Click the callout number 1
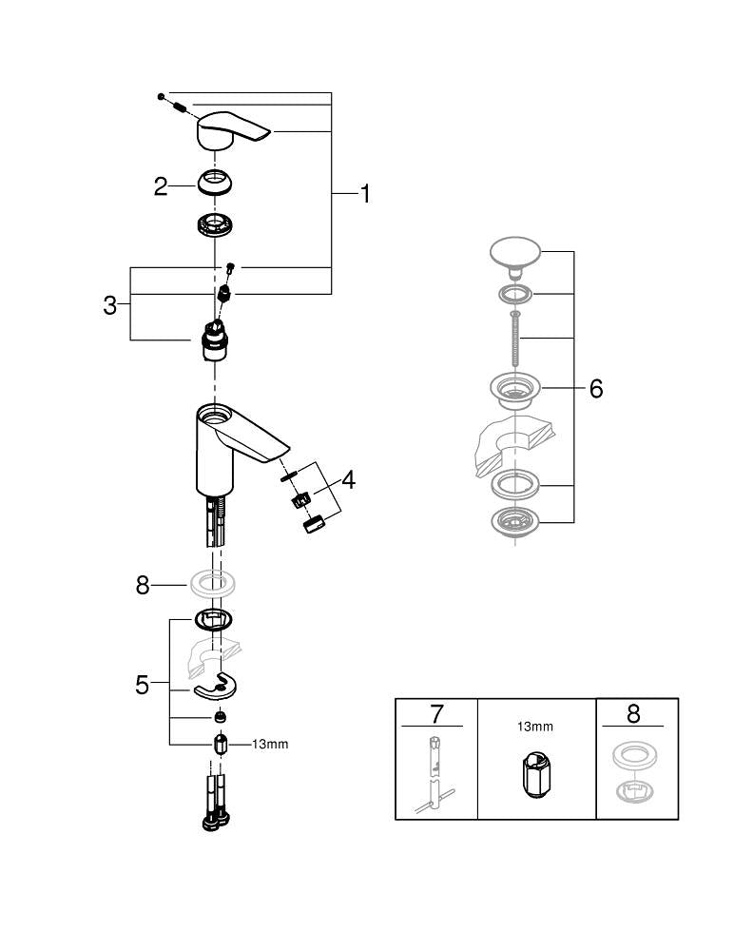(364, 194)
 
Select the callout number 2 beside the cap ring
(161, 185)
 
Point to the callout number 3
(110, 305)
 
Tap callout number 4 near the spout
(348, 480)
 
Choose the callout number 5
(142, 685)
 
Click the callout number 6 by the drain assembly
(596, 388)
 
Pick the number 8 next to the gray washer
(143, 585)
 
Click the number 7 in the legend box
(436, 713)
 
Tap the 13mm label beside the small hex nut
(270, 745)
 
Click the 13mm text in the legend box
(535, 727)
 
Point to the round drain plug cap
(514, 254)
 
